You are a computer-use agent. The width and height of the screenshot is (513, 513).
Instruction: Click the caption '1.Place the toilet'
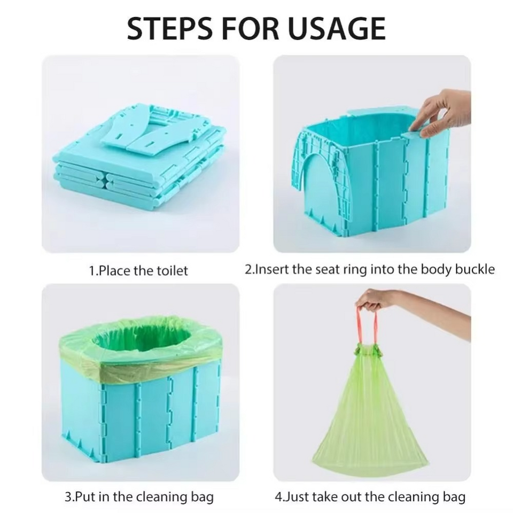tap(138, 271)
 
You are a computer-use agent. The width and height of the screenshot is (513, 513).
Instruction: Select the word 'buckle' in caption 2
tap(475, 269)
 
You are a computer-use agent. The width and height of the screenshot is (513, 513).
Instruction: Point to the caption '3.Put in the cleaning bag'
tap(139, 496)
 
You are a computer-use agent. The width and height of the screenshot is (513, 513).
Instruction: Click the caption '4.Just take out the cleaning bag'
tap(370, 496)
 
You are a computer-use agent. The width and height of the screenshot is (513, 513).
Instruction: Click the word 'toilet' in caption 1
tap(171, 271)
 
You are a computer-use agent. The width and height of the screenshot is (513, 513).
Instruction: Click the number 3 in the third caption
tap(68, 496)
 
